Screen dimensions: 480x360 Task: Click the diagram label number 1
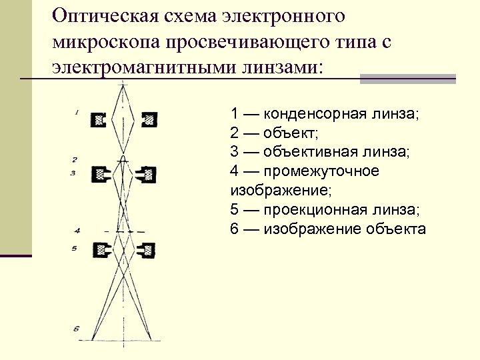point(77,113)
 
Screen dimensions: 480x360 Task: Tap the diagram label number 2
point(75,159)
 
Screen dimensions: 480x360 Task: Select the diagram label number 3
point(74,173)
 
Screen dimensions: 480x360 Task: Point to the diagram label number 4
point(77,231)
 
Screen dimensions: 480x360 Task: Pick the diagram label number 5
point(75,248)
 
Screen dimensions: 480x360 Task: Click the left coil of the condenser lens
point(101,120)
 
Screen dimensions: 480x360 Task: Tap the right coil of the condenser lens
point(149,120)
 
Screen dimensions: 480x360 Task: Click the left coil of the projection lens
point(103,251)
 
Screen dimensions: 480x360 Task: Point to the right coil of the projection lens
point(147,251)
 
